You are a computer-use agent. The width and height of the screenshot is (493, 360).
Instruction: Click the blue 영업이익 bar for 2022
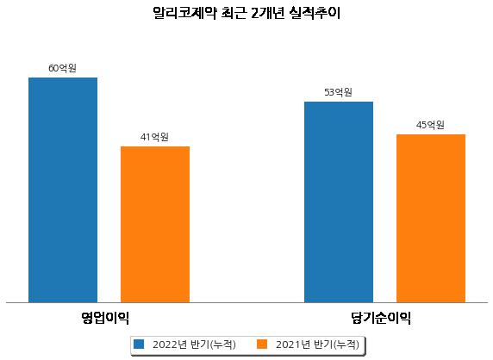click(63, 190)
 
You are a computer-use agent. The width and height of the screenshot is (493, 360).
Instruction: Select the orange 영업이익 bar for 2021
click(155, 224)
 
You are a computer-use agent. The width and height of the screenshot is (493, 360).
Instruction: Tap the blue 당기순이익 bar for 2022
click(339, 202)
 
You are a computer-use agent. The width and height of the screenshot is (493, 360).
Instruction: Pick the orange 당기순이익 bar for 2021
click(431, 218)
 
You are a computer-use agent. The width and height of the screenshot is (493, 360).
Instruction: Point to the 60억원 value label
click(62, 68)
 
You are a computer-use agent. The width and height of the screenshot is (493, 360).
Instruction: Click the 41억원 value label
click(154, 137)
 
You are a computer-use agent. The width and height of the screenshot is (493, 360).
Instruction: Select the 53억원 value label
click(338, 92)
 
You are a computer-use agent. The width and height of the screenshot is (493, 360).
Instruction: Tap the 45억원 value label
click(430, 125)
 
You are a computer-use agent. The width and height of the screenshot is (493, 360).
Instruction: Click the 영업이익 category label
click(105, 318)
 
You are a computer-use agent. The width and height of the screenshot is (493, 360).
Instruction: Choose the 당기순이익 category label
click(381, 318)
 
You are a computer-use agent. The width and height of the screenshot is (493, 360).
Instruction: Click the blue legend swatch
click(139, 344)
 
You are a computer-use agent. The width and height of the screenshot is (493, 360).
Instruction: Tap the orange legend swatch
click(262, 344)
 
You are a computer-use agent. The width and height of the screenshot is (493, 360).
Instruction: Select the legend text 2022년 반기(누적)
click(194, 344)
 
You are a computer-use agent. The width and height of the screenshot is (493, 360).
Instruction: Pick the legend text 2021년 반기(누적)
click(317, 344)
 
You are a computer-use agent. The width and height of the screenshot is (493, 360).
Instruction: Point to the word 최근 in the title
click(234, 13)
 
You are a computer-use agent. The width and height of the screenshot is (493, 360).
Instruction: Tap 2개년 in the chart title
click(268, 13)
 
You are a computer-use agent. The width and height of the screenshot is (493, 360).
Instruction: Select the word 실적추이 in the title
click(315, 13)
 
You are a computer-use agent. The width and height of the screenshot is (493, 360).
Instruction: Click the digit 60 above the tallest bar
click(53, 68)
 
